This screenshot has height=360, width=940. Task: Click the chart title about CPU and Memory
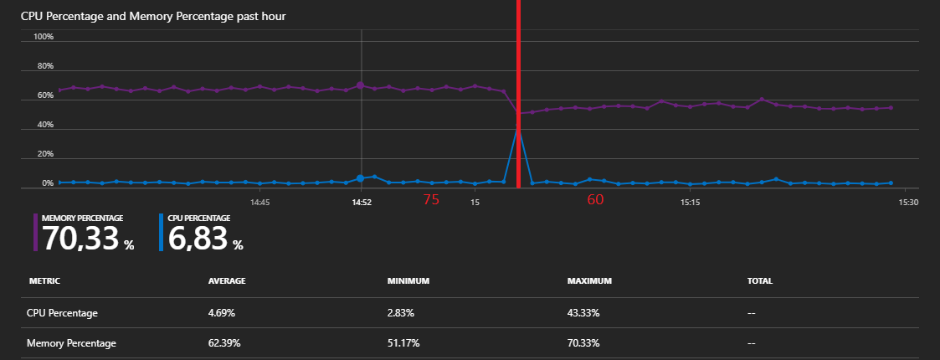click(154, 17)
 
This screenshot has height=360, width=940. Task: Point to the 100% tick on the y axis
click(44, 37)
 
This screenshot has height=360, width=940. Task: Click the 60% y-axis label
click(44, 95)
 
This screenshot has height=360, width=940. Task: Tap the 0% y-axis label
click(46, 183)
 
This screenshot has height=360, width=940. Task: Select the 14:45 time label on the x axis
click(259, 202)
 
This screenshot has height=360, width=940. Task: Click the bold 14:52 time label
click(361, 202)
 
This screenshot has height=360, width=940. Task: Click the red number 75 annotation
click(431, 199)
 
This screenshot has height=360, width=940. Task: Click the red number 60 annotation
click(595, 199)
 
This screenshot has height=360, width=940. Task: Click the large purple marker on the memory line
click(360, 85)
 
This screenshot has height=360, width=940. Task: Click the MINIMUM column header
click(408, 281)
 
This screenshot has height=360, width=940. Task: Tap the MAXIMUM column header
click(589, 281)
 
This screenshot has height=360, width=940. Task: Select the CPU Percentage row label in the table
click(62, 313)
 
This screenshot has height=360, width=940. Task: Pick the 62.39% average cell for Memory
click(226, 343)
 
